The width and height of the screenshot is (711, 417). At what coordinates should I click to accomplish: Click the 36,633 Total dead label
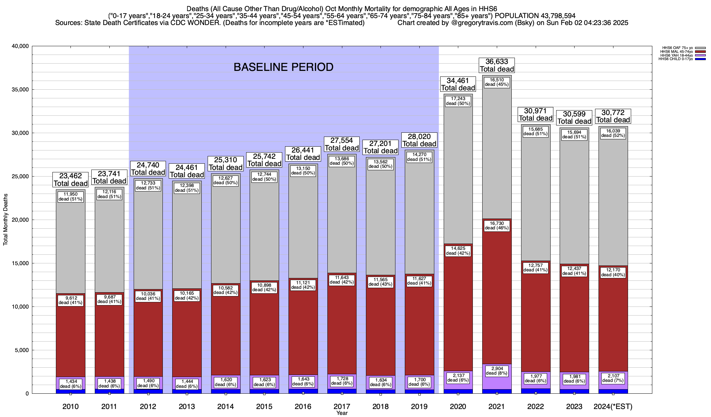(x=496, y=65)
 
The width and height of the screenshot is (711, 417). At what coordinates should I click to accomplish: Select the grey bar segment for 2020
(x=458, y=174)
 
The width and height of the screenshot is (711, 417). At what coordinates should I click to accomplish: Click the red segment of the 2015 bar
(x=264, y=334)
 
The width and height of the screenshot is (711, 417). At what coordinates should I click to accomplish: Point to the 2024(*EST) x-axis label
(x=613, y=407)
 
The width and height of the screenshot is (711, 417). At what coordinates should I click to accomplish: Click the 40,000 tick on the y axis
(x=20, y=46)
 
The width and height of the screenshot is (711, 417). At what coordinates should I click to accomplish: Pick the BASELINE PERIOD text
(x=283, y=67)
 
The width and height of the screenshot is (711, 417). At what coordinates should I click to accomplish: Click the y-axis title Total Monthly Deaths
(x=6, y=220)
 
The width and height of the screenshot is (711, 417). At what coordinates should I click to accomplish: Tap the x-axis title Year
(x=342, y=413)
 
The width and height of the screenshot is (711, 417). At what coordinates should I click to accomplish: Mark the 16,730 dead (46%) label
(x=496, y=226)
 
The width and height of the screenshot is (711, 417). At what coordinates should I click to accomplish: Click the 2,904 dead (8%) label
(x=496, y=371)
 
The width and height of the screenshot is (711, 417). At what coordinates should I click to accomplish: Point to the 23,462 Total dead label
(x=70, y=180)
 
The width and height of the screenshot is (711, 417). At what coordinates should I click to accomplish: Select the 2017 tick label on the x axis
(x=342, y=407)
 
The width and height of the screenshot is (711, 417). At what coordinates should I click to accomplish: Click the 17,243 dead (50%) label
(x=458, y=101)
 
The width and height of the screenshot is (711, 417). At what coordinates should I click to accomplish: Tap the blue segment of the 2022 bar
(x=536, y=391)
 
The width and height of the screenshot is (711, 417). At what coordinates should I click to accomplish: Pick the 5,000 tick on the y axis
(x=22, y=350)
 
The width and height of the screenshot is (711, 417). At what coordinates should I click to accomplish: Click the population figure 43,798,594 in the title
(x=552, y=16)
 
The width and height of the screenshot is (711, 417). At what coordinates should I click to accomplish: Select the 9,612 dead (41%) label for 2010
(x=70, y=300)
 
